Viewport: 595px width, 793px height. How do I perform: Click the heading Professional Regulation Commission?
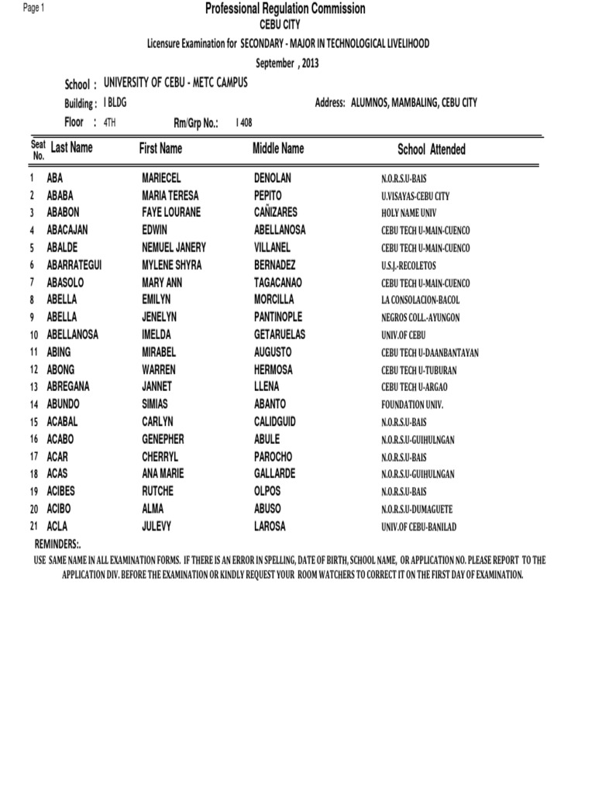[x=285, y=9]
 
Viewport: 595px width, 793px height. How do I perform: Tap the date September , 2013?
[x=287, y=63]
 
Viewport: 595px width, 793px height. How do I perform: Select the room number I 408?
[x=243, y=122]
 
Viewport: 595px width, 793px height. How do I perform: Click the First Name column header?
[x=160, y=148]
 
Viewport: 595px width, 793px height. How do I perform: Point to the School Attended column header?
[x=432, y=149]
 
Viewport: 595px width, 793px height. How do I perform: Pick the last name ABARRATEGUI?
[x=74, y=265]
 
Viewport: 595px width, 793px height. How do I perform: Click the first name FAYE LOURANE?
[x=170, y=212]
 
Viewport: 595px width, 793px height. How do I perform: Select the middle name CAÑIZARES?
[x=275, y=212]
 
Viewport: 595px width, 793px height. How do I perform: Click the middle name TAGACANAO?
[x=278, y=282]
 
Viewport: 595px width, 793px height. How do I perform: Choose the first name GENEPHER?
[x=163, y=439]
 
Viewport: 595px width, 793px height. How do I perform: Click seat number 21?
[x=33, y=527]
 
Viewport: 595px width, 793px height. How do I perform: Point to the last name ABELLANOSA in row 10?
[x=73, y=335]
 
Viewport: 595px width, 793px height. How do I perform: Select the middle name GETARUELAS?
[x=280, y=335]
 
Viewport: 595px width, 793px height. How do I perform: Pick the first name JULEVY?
[x=157, y=527]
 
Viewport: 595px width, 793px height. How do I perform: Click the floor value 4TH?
[x=109, y=122]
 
